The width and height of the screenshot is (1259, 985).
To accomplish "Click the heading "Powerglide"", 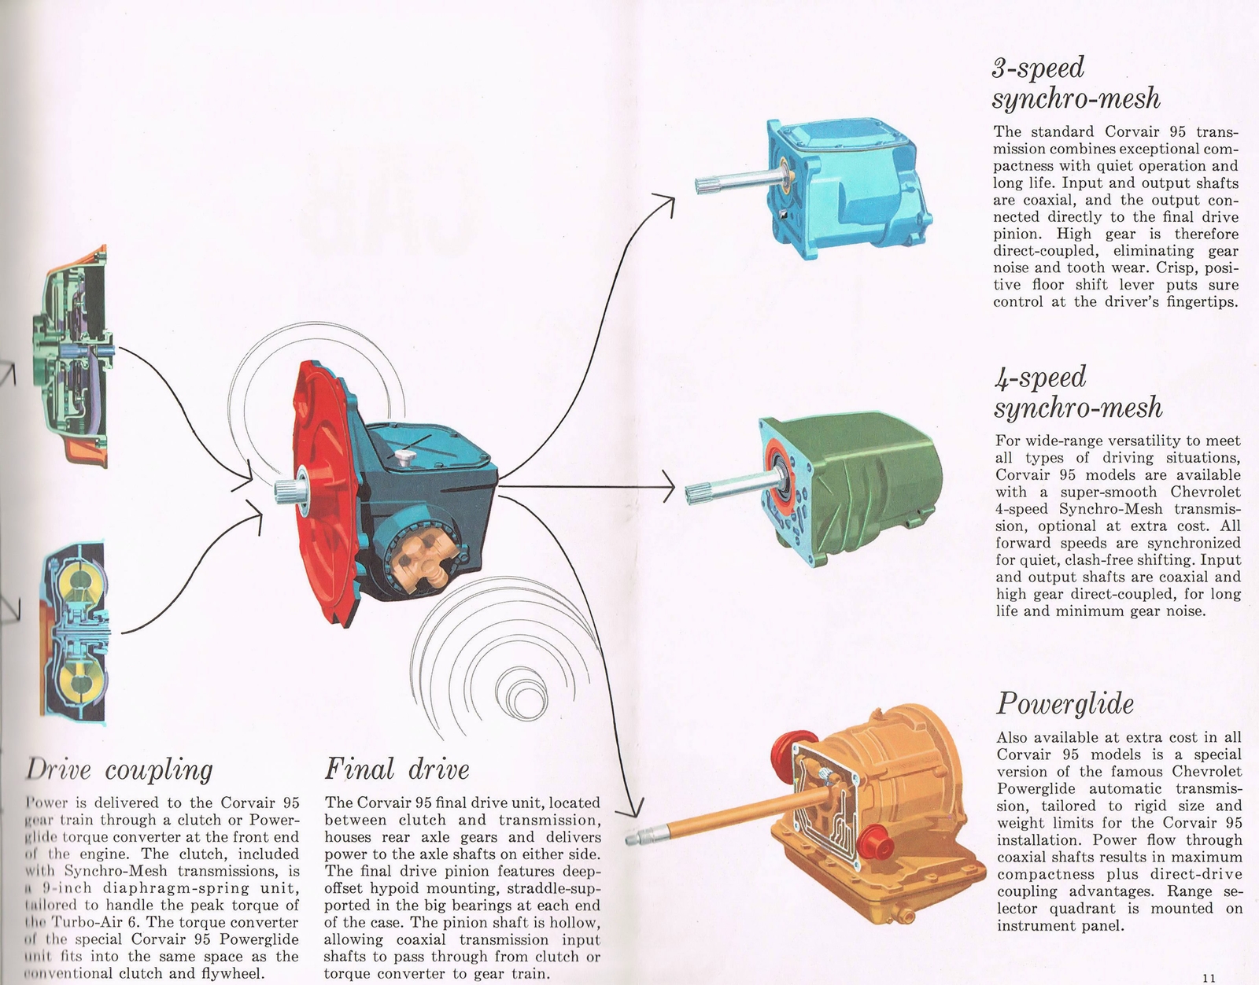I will [1065, 703].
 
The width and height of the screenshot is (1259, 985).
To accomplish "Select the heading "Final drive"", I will [397, 769].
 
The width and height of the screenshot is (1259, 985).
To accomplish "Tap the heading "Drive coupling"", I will [120, 769].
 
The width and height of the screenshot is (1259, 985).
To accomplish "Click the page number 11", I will [1210, 977].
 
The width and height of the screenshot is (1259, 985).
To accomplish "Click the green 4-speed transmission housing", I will [866, 488].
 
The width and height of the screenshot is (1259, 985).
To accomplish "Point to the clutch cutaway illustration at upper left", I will [71, 354].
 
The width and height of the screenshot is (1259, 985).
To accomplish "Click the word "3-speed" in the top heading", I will [1038, 68].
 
